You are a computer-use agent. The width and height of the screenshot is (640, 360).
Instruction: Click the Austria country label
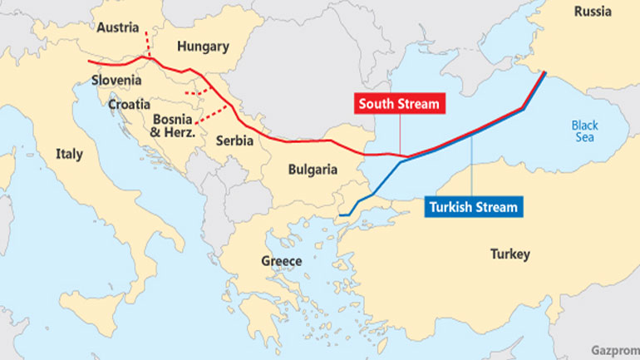[x=117, y=27]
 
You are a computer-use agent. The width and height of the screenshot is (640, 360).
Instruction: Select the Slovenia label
[x=116, y=81]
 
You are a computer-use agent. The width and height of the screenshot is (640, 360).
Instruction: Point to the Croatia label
[x=129, y=105]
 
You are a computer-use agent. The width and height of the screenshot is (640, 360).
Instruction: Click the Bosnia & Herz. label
[x=173, y=125]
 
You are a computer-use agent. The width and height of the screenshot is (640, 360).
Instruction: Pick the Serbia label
[x=234, y=141]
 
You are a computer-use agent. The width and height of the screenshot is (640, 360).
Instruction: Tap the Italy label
[x=69, y=154]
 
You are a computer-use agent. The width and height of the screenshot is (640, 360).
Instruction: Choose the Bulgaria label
[x=313, y=170]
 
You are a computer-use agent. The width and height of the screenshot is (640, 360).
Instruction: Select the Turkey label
[x=510, y=254]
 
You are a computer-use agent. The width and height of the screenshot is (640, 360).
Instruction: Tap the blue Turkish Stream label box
[x=473, y=207]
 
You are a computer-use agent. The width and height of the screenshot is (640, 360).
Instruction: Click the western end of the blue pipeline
[x=340, y=215]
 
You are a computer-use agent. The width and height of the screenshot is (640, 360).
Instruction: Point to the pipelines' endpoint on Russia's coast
[x=545, y=73]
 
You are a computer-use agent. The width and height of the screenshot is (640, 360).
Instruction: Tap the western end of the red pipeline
[x=89, y=62]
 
